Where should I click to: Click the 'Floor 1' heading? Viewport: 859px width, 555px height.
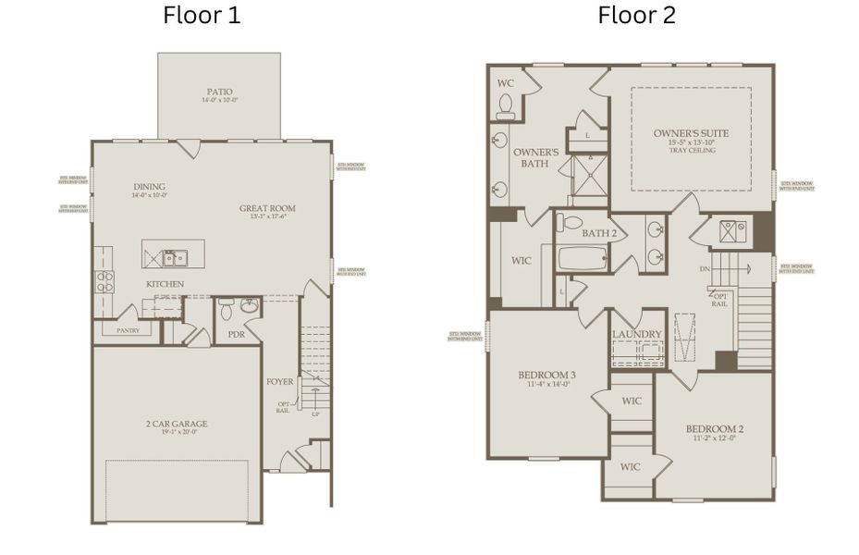[202, 16]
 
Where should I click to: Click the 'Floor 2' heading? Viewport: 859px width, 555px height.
[636, 16]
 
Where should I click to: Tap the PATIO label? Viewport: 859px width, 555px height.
[219, 92]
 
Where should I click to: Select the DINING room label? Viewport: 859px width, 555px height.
[149, 187]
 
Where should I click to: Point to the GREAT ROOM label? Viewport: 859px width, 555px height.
[267, 209]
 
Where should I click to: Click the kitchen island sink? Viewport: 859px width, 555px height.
[175, 257]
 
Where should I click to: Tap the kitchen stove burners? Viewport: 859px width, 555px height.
[104, 281]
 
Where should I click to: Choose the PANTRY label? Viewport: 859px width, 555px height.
[128, 329]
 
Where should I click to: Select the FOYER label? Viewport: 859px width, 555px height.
[280, 380]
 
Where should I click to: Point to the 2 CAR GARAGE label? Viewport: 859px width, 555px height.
[177, 425]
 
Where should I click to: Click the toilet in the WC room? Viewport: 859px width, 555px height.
[505, 111]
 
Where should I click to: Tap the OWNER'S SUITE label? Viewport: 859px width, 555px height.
[691, 133]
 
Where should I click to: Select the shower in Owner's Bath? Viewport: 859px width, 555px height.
[588, 176]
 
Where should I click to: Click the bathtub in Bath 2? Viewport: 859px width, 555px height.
[582, 258]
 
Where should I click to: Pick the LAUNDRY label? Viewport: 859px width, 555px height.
[637, 334]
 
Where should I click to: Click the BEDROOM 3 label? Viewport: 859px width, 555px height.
[546, 375]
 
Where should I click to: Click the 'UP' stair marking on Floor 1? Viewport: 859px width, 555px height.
[314, 414]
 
